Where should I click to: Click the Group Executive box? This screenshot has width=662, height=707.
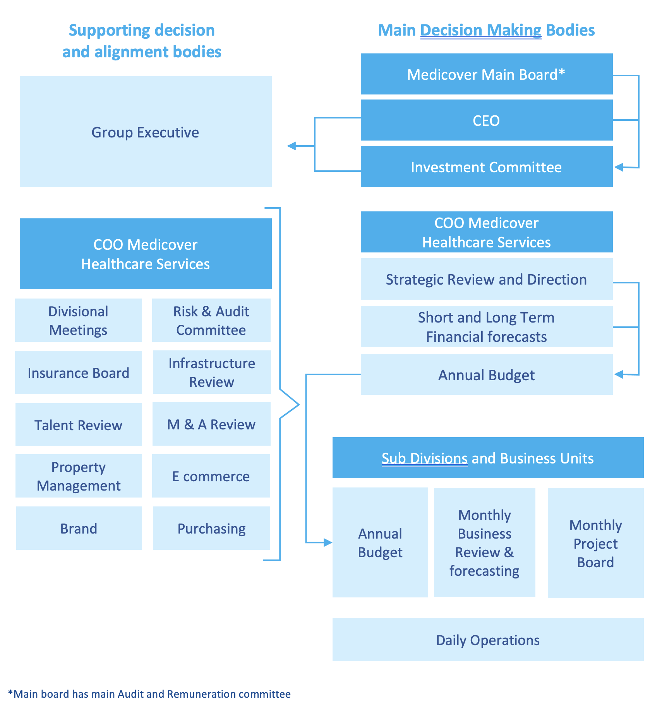click(x=146, y=132)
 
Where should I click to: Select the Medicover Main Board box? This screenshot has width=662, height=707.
click(x=487, y=74)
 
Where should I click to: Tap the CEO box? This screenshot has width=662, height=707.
click(x=487, y=120)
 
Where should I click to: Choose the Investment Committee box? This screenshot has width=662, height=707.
click(x=487, y=166)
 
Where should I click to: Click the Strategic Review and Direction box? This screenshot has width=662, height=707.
click(x=487, y=279)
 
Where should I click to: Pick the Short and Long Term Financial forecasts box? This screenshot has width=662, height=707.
click(x=487, y=326)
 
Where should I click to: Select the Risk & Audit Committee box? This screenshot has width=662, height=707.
click(x=211, y=320)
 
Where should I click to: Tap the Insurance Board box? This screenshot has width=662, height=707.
click(x=79, y=372)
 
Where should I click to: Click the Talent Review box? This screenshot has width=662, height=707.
click(x=79, y=424)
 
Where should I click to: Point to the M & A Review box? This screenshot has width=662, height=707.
click(x=211, y=424)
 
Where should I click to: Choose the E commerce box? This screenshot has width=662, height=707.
click(x=211, y=476)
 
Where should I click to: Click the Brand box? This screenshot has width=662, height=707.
click(x=79, y=528)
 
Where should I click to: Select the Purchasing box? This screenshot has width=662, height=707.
click(x=211, y=528)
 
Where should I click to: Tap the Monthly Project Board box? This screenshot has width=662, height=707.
click(x=596, y=543)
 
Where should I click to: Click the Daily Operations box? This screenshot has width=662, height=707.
click(x=488, y=640)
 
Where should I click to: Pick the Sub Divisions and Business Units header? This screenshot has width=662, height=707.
click(x=488, y=458)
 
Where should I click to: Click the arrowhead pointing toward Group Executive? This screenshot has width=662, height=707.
click(x=292, y=146)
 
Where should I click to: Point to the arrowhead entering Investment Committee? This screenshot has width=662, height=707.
click(x=619, y=167)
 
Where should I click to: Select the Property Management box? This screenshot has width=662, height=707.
click(x=79, y=476)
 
